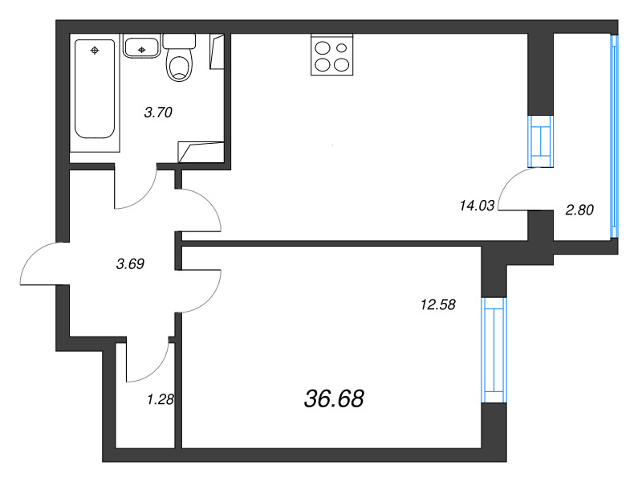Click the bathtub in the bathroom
tap(95, 88)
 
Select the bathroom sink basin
tap(141, 47)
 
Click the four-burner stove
tap(331, 55)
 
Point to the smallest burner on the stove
tap(341, 48)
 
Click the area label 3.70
tap(158, 112)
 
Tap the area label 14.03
tap(477, 205)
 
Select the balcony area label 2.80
tap(579, 210)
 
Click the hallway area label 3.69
tap(130, 263)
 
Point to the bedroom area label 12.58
tap(438, 304)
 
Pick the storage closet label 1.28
tap(160, 399)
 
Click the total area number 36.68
tap(334, 398)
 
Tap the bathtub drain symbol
tap(95, 51)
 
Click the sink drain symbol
tap(142, 50)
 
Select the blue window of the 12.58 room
tap(494, 350)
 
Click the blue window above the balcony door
tap(540, 141)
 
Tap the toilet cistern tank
tap(179, 42)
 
